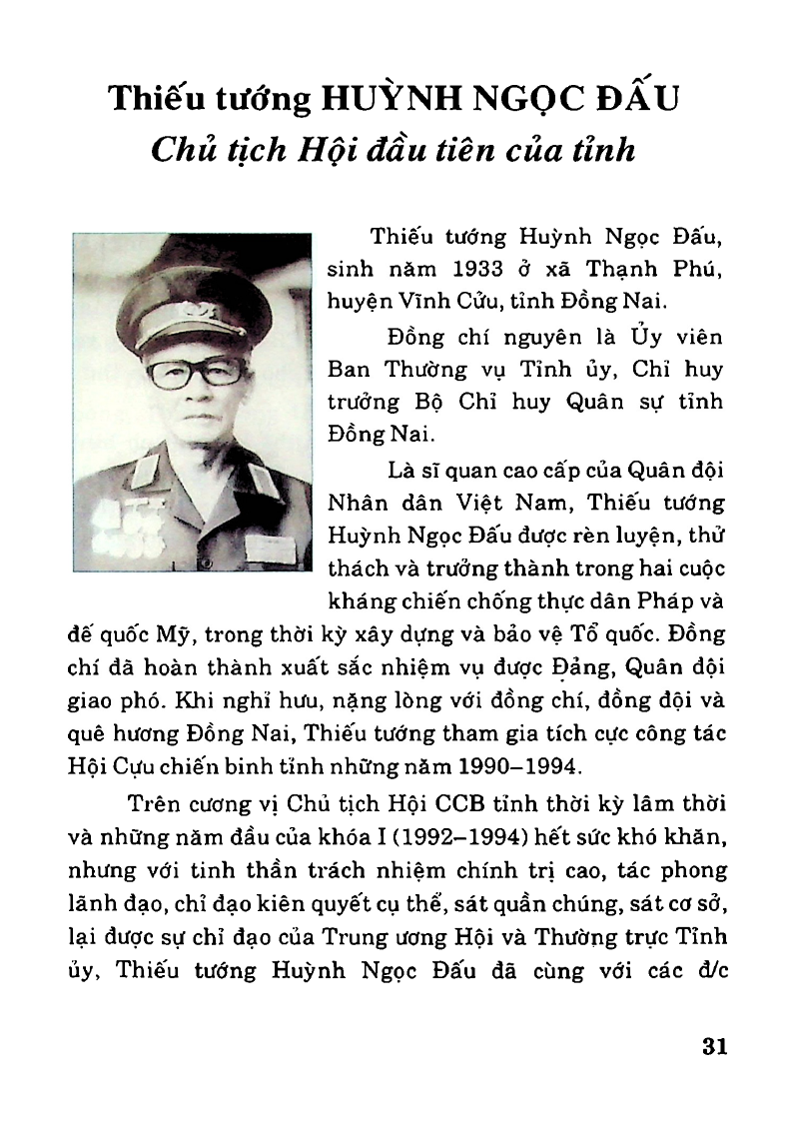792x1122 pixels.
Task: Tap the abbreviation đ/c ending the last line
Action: [x=710, y=971]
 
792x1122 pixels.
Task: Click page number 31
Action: [x=712, y=1046]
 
